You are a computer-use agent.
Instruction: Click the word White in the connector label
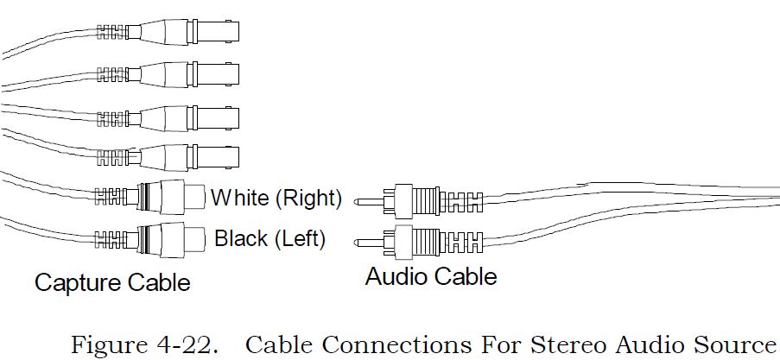[x=239, y=198]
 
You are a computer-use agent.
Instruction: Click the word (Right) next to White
[x=308, y=198]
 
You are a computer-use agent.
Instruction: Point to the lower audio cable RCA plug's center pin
[x=370, y=243]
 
